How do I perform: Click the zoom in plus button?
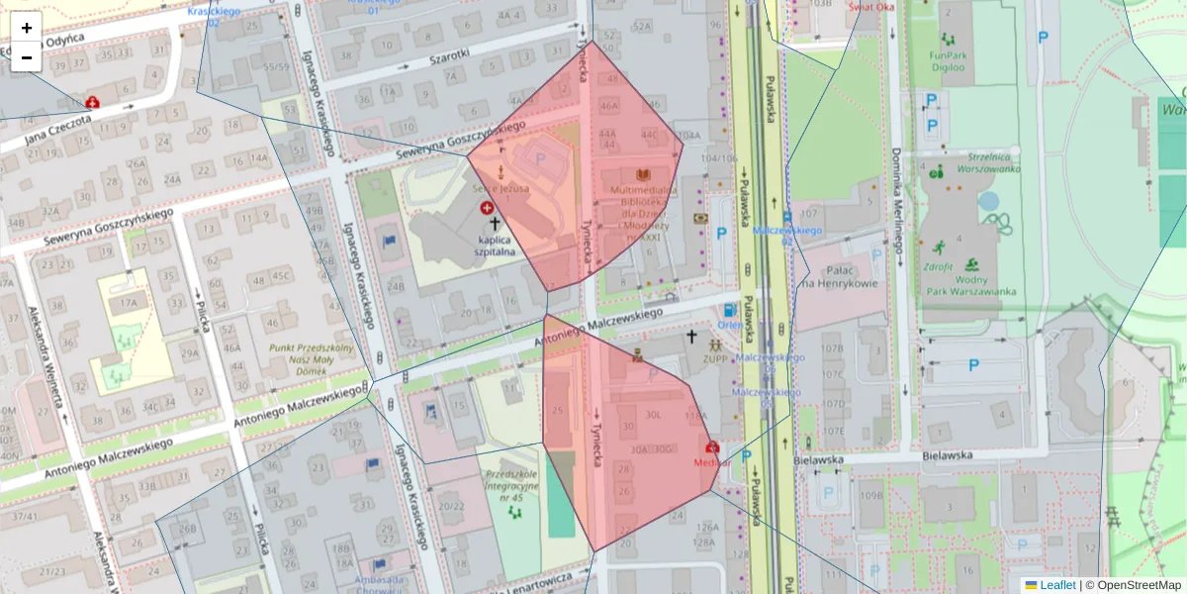[x=27, y=28]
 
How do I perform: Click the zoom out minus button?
[x=27, y=57]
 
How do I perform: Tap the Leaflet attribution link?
[x=1056, y=585]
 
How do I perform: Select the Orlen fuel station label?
[x=730, y=325]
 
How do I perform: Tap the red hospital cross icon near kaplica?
[x=487, y=208]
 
